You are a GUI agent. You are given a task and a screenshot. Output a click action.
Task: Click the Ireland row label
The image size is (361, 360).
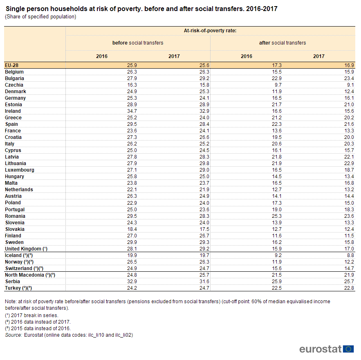pos(13,111)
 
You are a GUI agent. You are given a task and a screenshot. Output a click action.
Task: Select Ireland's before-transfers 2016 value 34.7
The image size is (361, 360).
pos(132,111)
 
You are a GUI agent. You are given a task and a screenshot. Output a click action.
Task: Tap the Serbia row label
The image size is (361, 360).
pos(12,282)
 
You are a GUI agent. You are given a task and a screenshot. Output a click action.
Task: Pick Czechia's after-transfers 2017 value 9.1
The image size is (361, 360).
pos(350,85)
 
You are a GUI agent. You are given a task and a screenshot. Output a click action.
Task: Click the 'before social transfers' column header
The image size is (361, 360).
pos(138,43)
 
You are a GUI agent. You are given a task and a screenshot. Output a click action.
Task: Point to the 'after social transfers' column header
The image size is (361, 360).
pos(283,43)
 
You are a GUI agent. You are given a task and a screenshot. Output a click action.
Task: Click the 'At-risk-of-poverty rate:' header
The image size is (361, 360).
pos(210,31)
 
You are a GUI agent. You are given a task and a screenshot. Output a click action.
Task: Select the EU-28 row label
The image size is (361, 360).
pos(11,65)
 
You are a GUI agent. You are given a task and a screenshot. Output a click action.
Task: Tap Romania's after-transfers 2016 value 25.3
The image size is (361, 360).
pos(277,216)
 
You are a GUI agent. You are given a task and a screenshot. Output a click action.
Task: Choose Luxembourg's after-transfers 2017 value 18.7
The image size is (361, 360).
pos(349,170)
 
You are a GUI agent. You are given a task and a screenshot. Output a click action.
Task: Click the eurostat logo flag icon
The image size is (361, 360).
pos(349,349)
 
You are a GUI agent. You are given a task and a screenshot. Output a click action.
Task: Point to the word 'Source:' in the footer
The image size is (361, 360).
pos(13,335)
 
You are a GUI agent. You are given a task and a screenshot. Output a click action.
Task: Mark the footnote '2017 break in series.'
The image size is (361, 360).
pos(34,315)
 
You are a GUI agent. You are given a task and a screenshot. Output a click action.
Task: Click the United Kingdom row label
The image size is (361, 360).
pos(26,249)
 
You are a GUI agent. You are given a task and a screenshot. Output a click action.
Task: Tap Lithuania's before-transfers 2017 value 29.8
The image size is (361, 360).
pos(204,163)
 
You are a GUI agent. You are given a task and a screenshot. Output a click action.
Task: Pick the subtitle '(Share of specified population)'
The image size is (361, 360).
pos(40,17)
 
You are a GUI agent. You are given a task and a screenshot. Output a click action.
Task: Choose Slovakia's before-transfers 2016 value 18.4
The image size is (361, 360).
pos(132,229)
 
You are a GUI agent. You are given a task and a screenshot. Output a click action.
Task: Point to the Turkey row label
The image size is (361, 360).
pos(18,288)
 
